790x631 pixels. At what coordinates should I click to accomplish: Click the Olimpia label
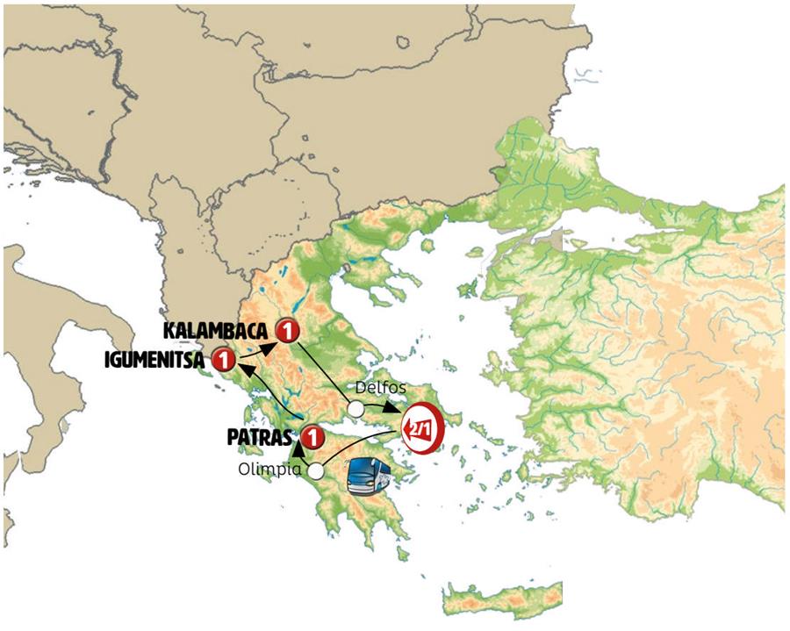[269, 470]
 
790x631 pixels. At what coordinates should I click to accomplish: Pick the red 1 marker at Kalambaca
[286, 331]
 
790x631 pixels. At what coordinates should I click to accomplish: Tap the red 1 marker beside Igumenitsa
[223, 360]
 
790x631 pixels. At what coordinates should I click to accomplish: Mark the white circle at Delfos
[355, 408]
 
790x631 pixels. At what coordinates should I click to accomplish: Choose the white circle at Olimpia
[315, 471]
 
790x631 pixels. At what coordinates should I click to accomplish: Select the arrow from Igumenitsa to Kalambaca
[256, 346]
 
